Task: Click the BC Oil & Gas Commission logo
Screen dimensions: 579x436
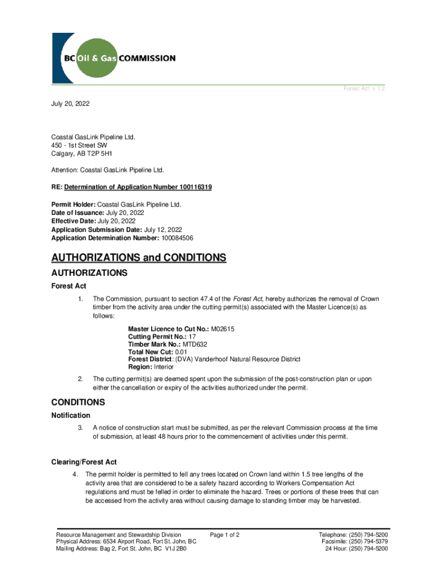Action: [114, 58]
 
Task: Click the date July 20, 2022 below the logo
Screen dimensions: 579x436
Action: [70, 105]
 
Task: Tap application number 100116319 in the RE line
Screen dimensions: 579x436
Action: [190, 187]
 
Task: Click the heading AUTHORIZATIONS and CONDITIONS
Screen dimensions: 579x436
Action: [139, 258]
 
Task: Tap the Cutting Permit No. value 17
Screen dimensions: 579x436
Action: [193, 336]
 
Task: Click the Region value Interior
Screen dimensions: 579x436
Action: [164, 367]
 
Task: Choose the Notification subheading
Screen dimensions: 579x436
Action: [71, 416]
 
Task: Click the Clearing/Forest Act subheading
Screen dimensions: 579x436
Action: [84, 463]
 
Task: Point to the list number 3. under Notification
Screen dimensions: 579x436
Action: [81, 428]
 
